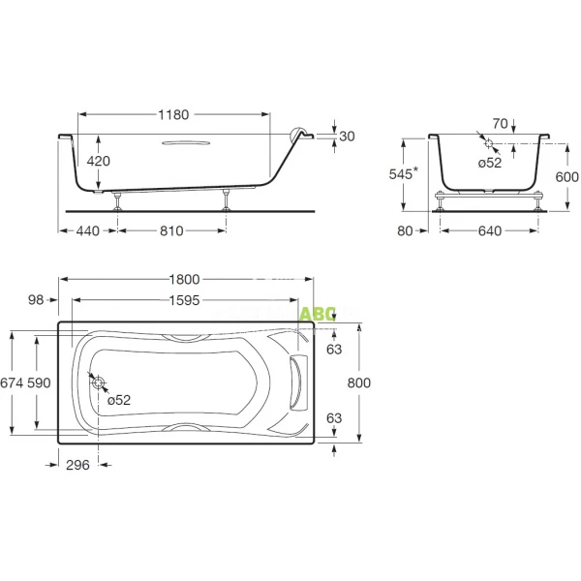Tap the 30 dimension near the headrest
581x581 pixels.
[x=348, y=137]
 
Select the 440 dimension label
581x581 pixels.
[x=87, y=231]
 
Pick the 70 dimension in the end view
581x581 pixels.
[x=499, y=123]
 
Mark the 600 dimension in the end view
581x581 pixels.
[x=567, y=177]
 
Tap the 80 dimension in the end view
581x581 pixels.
[x=406, y=231]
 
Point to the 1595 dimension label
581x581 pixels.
[x=184, y=300]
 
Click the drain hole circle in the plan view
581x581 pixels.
[x=98, y=383]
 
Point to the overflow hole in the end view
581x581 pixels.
[x=490, y=144]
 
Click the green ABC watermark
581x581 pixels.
[x=317, y=314]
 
